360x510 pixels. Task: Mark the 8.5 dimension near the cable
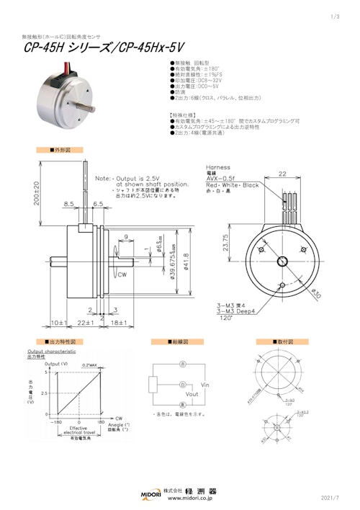pos(69,205)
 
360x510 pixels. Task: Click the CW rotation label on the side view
pos(123,274)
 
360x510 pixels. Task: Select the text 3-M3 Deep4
pos(224,310)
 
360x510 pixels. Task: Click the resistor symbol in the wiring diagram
pos(153,385)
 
